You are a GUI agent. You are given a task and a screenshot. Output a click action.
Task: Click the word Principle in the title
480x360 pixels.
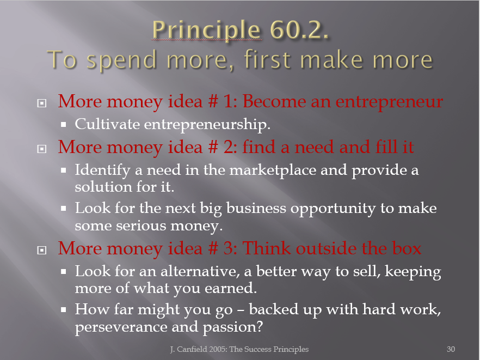coord(207,30)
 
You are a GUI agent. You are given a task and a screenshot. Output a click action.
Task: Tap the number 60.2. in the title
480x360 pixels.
coord(299,30)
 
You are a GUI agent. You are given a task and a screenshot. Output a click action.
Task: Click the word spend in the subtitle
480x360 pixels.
coord(122,60)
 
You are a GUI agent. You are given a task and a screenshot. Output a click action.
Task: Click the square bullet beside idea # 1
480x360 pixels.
coord(41,103)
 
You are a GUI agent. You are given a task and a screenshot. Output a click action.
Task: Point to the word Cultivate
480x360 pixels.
coord(107,124)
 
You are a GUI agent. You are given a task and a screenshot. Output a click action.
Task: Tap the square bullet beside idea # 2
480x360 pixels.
coord(41,149)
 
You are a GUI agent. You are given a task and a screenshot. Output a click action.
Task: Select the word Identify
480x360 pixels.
coord(103,170)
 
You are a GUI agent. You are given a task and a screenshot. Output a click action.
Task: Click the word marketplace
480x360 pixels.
coord(273,170)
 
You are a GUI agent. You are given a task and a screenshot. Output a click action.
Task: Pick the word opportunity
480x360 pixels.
coord(333,209)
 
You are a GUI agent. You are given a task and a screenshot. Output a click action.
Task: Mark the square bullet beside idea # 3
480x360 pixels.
coord(41,251)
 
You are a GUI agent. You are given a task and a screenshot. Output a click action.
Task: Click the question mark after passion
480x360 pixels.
coord(260,327)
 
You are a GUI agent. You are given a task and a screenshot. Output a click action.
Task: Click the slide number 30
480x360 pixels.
coord(451,349)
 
